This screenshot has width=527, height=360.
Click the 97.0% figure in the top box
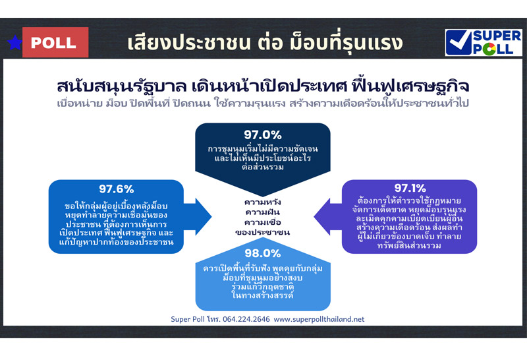[263, 135]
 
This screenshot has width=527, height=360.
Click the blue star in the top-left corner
[13, 43]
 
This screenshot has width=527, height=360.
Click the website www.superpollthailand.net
[319, 319]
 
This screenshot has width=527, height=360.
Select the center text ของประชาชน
[263, 233]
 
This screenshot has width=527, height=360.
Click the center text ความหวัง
[263, 201]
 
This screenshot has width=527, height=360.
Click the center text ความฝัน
[263, 212]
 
